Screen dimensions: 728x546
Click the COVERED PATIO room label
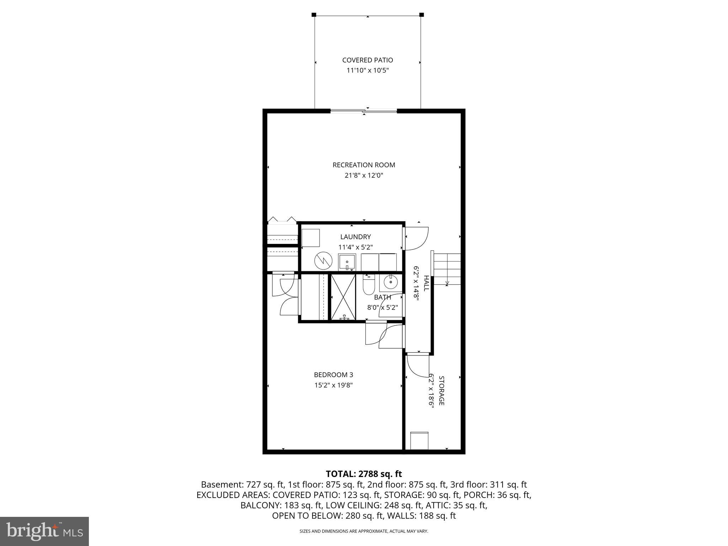click(x=368, y=60)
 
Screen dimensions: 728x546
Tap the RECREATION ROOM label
click(x=364, y=165)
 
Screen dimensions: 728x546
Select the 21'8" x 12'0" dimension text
click(x=364, y=175)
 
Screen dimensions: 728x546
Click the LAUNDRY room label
click(x=355, y=237)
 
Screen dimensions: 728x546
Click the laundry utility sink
click(x=347, y=263)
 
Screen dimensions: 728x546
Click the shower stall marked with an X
click(x=343, y=297)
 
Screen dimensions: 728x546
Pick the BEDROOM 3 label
click(x=333, y=375)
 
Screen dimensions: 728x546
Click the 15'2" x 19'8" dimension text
click(x=333, y=385)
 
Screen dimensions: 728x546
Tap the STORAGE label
click(x=441, y=390)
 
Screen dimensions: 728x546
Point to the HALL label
click(x=426, y=283)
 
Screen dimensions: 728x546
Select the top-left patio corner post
click(x=314, y=15)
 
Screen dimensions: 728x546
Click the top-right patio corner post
click(x=422, y=15)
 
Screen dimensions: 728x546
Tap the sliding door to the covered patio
click(x=364, y=111)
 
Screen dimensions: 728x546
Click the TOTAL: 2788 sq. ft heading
click(x=364, y=474)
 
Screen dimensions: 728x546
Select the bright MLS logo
click(x=44, y=531)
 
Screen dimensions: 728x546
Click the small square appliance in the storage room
click(x=419, y=441)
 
